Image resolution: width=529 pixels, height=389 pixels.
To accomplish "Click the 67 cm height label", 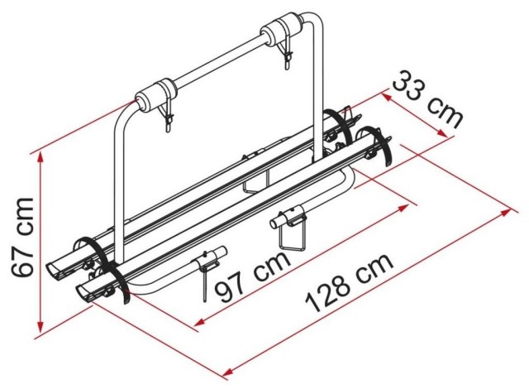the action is [22, 238].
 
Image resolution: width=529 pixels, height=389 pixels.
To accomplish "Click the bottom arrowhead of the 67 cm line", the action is [41, 327].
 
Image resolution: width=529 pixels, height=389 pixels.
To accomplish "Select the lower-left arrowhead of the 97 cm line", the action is [200, 323].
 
